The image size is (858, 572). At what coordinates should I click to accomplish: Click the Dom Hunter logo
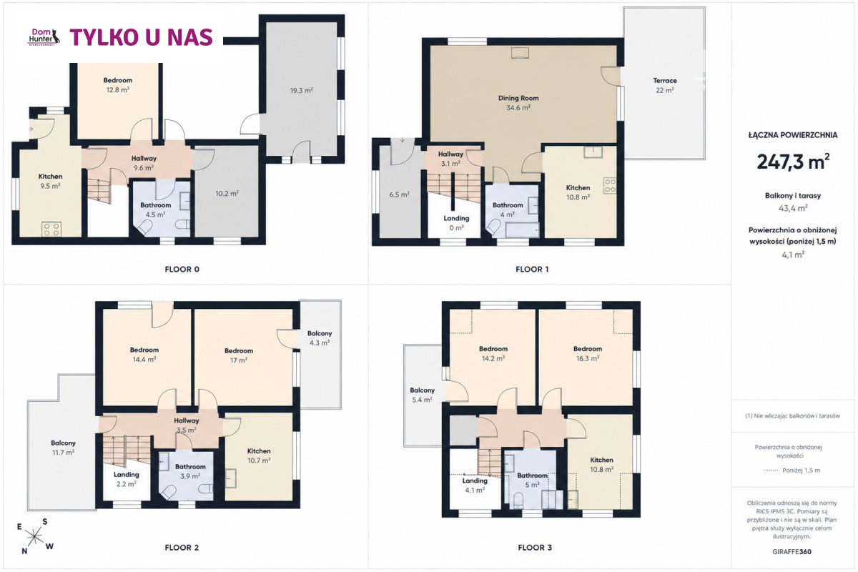(44, 36)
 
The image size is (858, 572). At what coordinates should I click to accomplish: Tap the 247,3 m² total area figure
(793, 162)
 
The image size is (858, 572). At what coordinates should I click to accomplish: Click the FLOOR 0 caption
(182, 270)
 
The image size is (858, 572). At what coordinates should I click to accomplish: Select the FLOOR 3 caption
(535, 548)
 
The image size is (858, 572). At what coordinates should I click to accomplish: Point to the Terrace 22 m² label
(664, 85)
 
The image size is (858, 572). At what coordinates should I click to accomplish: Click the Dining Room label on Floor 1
(518, 98)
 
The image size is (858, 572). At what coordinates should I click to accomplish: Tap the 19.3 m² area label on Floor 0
(302, 90)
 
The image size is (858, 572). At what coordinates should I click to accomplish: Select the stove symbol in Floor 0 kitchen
(51, 230)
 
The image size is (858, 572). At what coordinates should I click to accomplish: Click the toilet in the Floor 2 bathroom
(168, 493)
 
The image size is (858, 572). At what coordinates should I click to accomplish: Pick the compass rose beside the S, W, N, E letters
(34, 536)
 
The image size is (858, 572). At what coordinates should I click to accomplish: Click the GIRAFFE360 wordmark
(792, 552)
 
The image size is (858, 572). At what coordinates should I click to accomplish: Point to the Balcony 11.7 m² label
(63, 448)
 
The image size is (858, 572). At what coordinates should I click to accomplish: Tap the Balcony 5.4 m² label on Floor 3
(422, 395)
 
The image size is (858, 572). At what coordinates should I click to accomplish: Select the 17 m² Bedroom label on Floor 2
(239, 355)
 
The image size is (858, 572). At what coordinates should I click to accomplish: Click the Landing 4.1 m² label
(475, 485)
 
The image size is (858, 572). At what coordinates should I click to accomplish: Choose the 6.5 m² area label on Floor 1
(399, 194)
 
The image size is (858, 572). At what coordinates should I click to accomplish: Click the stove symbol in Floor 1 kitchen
(611, 186)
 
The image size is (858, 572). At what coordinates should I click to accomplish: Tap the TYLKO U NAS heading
(141, 37)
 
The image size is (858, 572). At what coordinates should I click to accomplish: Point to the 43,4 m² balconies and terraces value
(793, 208)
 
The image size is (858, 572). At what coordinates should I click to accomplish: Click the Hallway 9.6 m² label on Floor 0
(144, 163)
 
